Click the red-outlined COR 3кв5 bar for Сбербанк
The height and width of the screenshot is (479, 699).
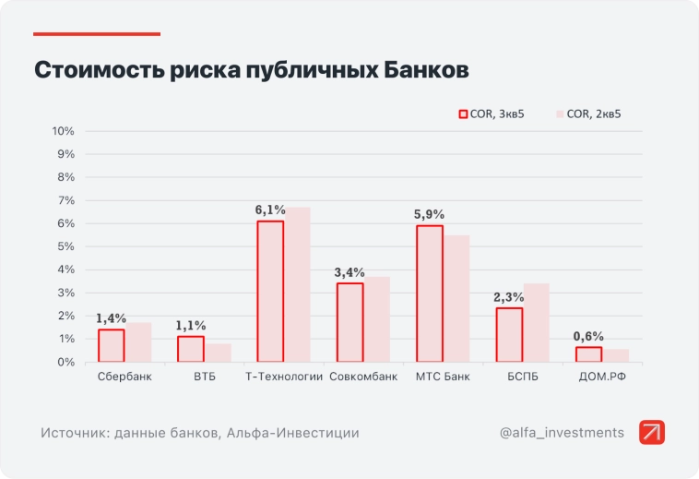[x=111, y=345]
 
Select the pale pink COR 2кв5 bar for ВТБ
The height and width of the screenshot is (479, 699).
[x=218, y=353]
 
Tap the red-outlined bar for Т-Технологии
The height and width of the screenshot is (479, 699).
[x=270, y=291]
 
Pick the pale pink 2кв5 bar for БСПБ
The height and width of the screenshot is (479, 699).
[x=536, y=322]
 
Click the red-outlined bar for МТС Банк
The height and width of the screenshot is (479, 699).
[x=430, y=293]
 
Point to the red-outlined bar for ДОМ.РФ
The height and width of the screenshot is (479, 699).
[x=588, y=354]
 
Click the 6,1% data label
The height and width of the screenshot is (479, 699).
[x=270, y=210]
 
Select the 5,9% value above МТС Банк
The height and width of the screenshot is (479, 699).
[x=430, y=215]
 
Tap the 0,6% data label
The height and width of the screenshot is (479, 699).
[x=588, y=336]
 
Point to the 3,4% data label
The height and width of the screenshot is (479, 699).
[x=349, y=272]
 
